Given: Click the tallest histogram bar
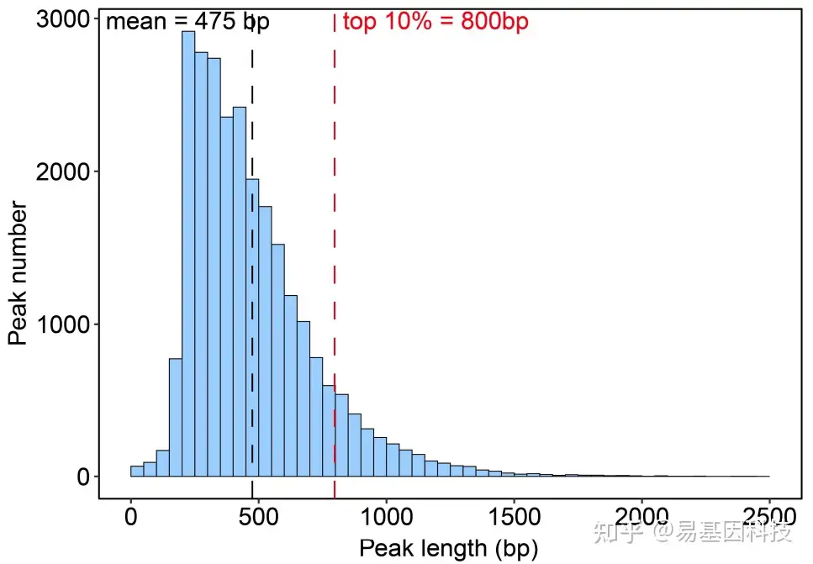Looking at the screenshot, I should [x=188, y=252].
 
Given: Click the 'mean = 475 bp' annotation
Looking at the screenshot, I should [x=187, y=22].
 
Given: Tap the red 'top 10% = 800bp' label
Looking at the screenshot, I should [x=436, y=22].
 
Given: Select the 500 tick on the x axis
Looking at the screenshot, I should [x=258, y=515].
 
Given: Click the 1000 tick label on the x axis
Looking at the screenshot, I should [x=386, y=515].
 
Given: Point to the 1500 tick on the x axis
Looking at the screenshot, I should [x=514, y=515].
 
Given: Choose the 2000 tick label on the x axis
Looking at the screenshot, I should [x=641, y=515].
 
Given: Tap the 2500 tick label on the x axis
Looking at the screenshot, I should [x=768, y=515].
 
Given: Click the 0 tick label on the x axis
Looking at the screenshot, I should [x=131, y=515].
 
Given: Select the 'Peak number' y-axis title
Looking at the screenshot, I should [x=18, y=273].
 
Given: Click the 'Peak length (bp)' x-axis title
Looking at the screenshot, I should [x=448, y=548].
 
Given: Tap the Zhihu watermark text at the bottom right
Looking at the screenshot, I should [x=694, y=533].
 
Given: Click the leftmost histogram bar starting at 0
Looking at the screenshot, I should [x=137, y=472].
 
